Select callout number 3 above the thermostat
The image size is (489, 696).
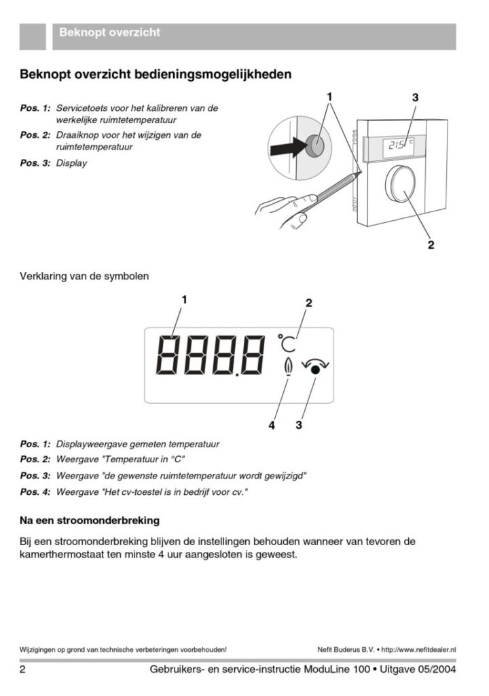(x=414, y=98)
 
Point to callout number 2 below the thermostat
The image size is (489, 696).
(x=431, y=245)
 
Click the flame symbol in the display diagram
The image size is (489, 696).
(x=288, y=366)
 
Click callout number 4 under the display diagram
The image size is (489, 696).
(x=272, y=425)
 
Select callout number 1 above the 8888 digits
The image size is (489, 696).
(x=183, y=299)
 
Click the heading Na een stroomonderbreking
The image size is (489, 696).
(x=90, y=521)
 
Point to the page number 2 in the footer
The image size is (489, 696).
(x=23, y=670)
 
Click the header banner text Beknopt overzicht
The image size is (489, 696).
(x=109, y=32)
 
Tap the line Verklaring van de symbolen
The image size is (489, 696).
(x=84, y=277)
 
